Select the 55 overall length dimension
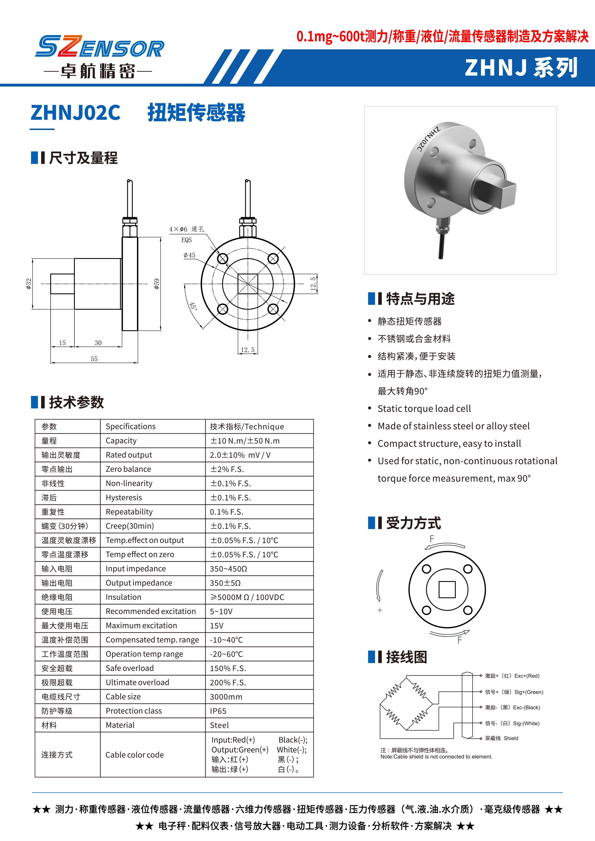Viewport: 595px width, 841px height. [x=94, y=359]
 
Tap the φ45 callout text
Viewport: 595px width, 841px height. [x=190, y=255]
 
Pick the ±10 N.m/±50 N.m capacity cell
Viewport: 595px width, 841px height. [x=244, y=441]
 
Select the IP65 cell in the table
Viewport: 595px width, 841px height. [x=218, y=711]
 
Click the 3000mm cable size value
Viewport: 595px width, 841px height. [x=226, y=697]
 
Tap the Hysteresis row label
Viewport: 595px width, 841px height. [x=124, y=497]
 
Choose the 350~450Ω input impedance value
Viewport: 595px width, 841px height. [x=228, y=569]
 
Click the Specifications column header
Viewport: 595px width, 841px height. [x=131, y=426]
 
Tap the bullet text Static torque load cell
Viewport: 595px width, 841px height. [x=424, y=408]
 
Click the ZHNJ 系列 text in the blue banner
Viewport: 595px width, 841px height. [x=521, y=68]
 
